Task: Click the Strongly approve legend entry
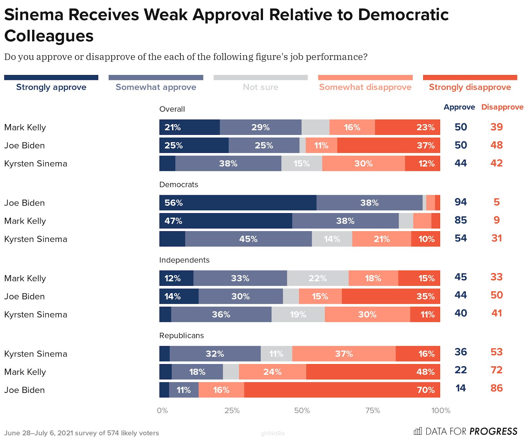tap(51, 87)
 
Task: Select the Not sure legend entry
tap(260, 87)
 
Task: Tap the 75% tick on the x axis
tap(372, 410)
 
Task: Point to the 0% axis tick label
tap(162, 410)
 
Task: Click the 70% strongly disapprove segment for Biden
tap(342, 390)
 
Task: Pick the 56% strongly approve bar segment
tap(238, 203)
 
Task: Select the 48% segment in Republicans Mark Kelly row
tap(373, 372)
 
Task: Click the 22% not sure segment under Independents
tap(318, 278)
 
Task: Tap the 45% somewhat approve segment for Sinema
tap(248, 239)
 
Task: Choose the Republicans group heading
tap(181, 336)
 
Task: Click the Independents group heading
tap(184, 260)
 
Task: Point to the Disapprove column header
tap(502, 107)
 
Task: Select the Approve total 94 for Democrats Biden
tap(460, 202)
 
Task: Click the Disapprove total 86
tap(496, 388)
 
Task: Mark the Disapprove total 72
tap(496, 370)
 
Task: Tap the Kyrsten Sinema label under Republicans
tap(36, 354)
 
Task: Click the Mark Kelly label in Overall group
tap(25, 127)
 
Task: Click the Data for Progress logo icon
tap(418, 431)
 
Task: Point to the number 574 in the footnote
tap(113, 433)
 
